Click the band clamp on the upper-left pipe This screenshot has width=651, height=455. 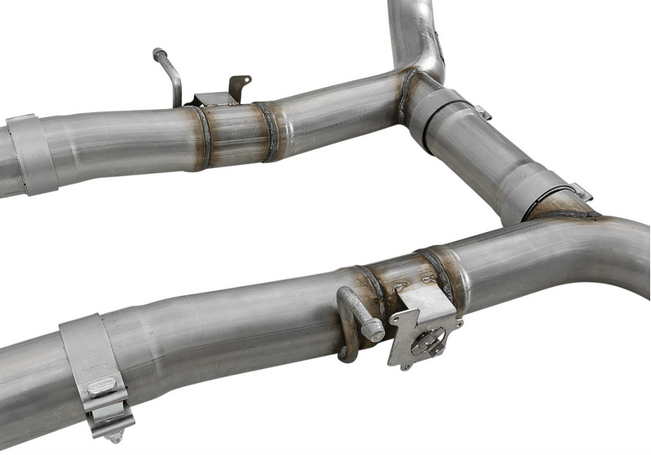31,153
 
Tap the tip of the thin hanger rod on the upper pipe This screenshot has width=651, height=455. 157,53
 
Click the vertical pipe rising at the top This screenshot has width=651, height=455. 414,29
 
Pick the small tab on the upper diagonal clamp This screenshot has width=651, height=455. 482,111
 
